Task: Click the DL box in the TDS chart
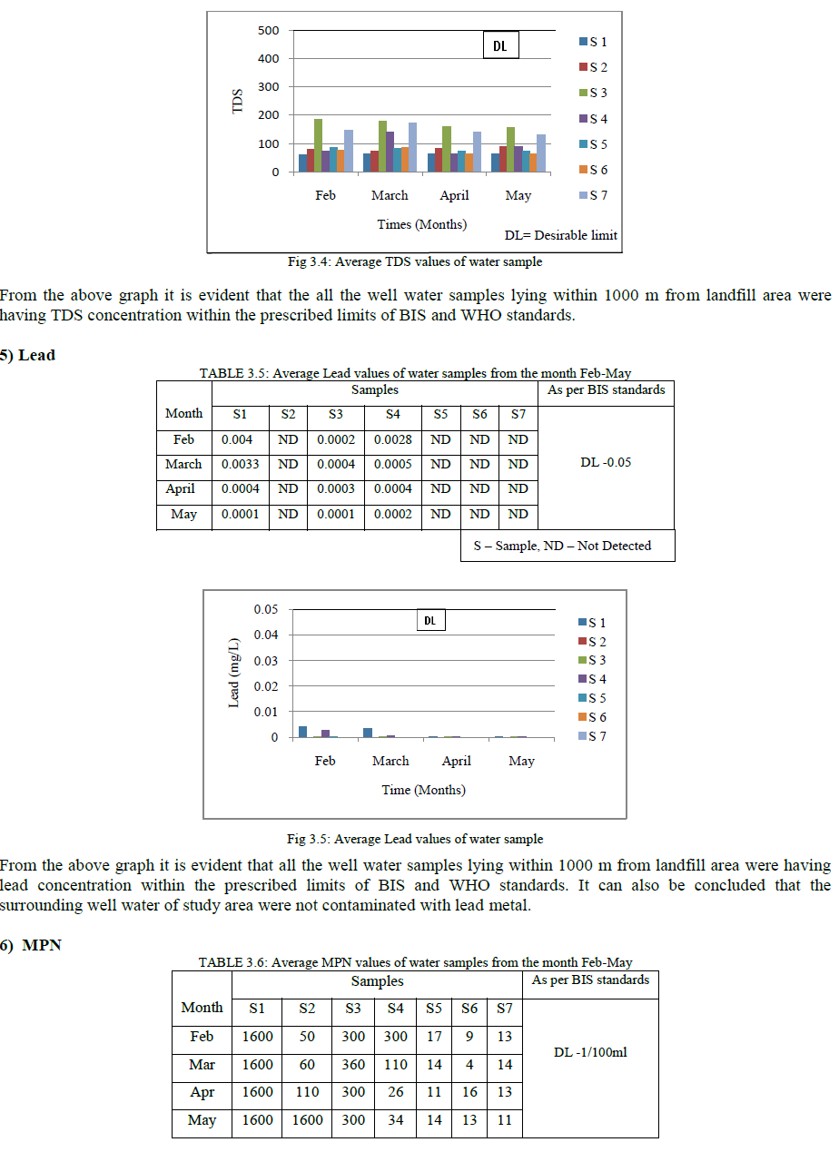499,45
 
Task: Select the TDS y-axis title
238,100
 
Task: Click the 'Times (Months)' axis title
422,224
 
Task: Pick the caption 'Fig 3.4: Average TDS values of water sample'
415,262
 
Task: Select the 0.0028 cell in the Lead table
393,439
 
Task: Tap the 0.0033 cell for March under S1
240,464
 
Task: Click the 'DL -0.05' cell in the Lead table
606,462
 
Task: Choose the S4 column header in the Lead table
393,414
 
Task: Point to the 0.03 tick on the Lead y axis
266,660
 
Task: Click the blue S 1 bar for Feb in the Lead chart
303,732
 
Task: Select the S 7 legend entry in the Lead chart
597,736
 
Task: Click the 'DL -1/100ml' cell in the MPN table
591,1052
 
